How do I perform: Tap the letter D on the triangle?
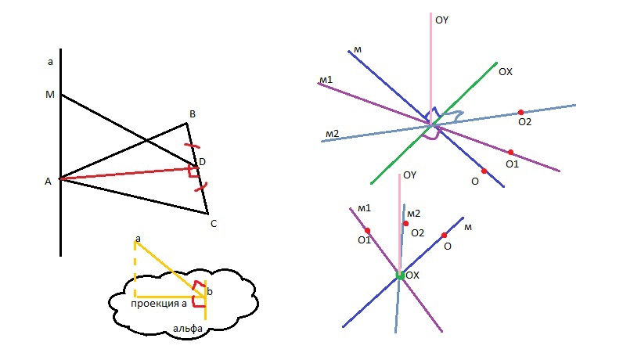coord(202,161)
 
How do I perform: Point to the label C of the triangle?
coord(213,223)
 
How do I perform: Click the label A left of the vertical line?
coord(48,181)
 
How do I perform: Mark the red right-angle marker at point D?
coord(193,171)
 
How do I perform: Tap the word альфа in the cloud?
coord(187,329)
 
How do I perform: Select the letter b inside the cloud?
coord(209,291)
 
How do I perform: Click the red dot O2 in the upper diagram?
coord(520,112)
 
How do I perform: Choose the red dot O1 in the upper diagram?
coord(510,152)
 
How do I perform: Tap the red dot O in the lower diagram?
coord(444,235)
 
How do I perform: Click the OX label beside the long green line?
coord(506,71)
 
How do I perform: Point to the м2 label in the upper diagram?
coord(331,134)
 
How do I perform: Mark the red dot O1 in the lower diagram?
coord(367,230)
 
